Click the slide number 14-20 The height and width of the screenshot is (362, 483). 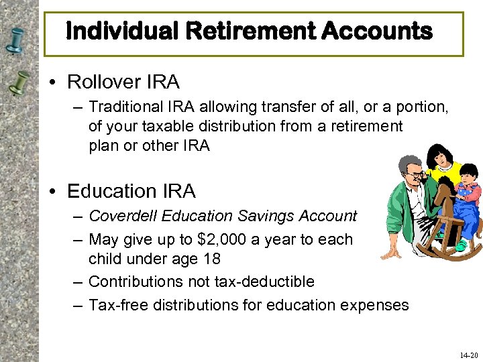click(469, 355)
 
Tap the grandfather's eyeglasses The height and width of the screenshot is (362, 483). click(416, 175)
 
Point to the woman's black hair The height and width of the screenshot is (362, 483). click(437, 154)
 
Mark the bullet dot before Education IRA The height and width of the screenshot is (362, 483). click(55, 192)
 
